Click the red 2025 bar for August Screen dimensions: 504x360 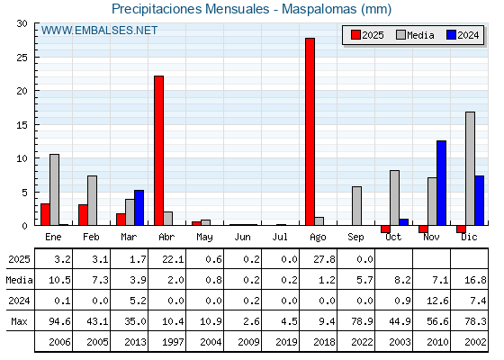point(310,131)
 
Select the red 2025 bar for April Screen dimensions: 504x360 point(158,150)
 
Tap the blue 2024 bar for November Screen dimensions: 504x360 point(441,183)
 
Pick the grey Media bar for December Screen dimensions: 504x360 point(470,168)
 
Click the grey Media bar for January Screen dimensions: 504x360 point(54,190)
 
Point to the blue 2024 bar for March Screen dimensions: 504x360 point(139,208)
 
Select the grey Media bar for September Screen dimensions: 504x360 point(356,206)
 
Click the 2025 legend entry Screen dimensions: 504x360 point(367,35)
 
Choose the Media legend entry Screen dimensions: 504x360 point(415,35)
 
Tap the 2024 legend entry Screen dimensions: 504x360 point(463,35)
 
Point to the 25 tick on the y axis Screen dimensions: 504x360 point(22,58)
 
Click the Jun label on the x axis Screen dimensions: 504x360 point(242,237)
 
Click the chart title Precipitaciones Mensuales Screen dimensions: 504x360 point(191,9)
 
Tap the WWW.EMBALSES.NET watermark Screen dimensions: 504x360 point(99,31)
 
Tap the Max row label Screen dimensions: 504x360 point(19,321)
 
